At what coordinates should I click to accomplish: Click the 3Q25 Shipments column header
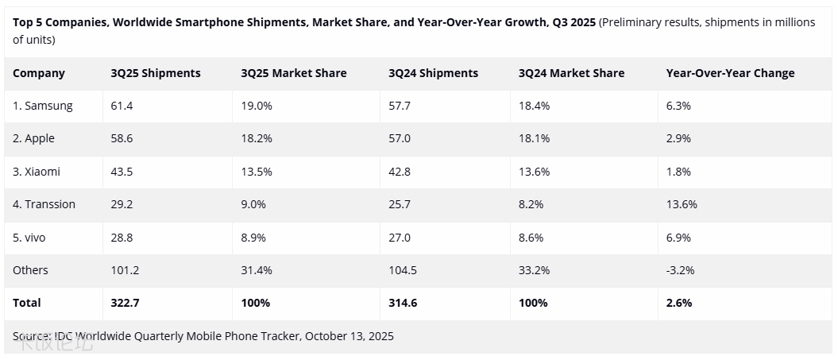tap(156, 73)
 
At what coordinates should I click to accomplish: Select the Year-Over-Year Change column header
tap(730, 73)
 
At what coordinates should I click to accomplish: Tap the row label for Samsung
tap(43, 106)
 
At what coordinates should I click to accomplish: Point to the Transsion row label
tap(44, 204)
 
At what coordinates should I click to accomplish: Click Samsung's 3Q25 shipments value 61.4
tap(122, 106)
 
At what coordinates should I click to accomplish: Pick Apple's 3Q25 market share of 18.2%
tap(257, 138)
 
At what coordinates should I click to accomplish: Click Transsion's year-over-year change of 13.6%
tap(682, 204)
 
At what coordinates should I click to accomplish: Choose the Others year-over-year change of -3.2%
tap(681, 270)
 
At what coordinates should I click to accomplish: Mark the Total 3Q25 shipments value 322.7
tap(126, 303)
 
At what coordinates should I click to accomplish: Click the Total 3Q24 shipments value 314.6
tap(404, 303)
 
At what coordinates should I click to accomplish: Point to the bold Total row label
tap(27, 303)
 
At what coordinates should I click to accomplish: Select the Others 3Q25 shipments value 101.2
tap(125, 270)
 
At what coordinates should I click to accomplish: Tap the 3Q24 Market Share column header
tap(571, 73)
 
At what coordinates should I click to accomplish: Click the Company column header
tap(39, 73)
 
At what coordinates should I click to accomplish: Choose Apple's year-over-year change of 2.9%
tap(678, 138)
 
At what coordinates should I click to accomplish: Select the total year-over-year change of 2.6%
tap(679, 303)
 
